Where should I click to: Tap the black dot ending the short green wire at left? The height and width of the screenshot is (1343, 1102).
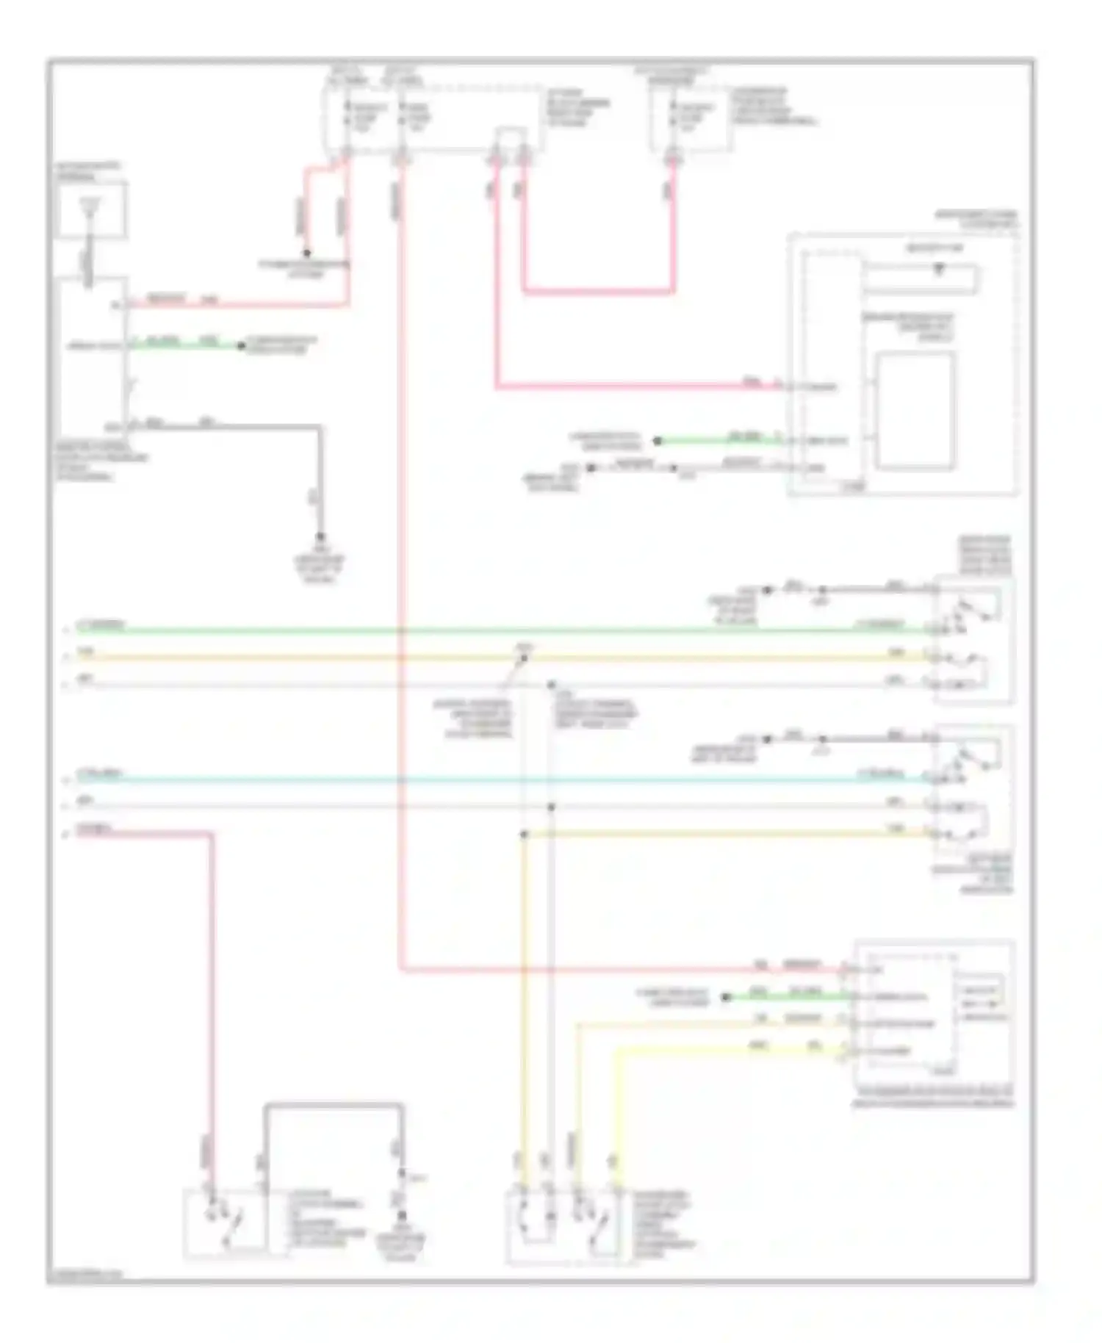click(x=240, y=345)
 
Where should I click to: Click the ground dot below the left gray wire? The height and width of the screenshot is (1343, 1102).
click(x=320, y=537)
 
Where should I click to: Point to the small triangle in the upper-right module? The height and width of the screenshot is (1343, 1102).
click(x=938, y=270)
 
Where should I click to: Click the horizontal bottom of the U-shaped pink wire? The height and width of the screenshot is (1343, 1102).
click(x=598, y=292)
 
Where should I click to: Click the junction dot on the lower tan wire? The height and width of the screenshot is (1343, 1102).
click(x=524, y=835)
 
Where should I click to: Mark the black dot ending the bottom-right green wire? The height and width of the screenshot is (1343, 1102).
click(x=726, y=997)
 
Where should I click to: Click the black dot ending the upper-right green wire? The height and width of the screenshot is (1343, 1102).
click(x=658, y=441)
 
